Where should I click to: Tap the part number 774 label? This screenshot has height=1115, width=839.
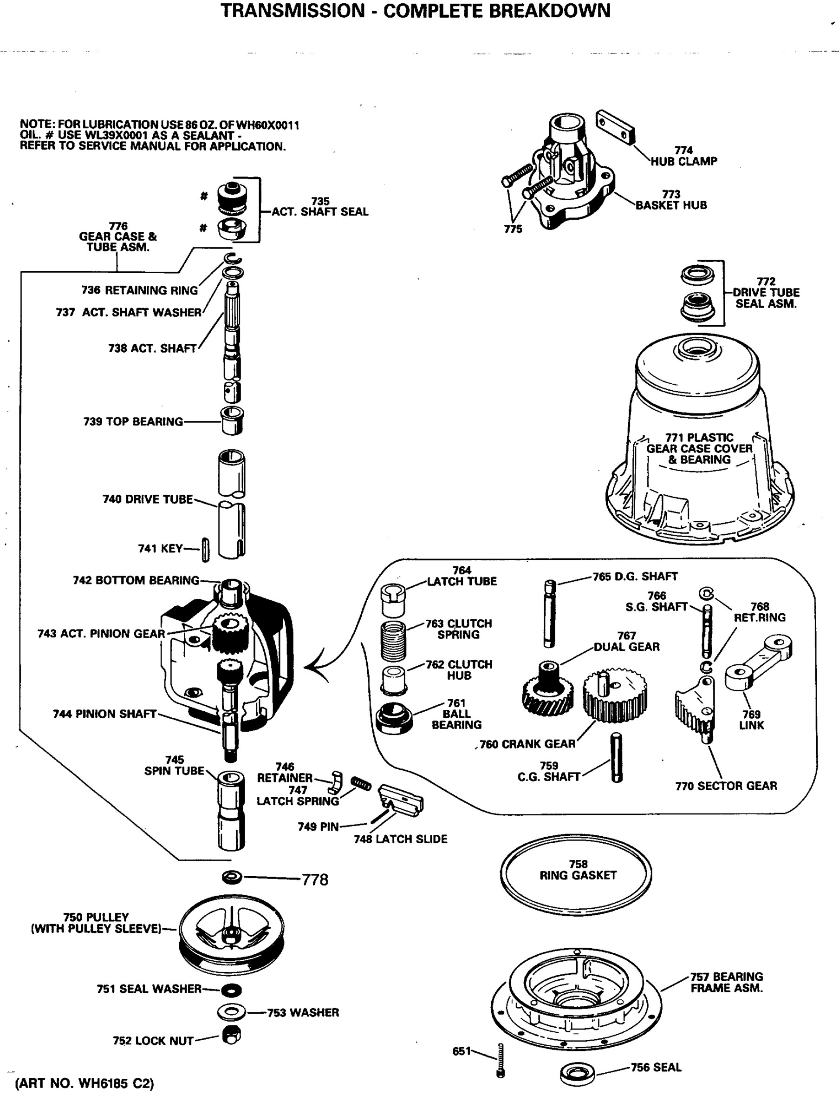683,150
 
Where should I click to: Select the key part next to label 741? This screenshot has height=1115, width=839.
206,550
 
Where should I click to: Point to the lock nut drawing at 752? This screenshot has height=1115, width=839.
231,1036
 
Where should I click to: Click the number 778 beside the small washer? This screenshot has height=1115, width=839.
315,879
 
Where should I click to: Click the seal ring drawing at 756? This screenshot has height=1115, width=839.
578,1074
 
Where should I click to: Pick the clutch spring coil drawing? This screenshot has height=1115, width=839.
393,640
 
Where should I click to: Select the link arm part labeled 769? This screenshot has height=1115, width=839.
758,662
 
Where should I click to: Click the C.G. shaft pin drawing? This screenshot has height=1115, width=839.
616,758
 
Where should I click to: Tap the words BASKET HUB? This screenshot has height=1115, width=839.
671,205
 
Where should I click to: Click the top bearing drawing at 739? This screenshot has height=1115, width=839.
233,420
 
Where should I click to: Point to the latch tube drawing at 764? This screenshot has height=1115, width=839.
393,600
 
